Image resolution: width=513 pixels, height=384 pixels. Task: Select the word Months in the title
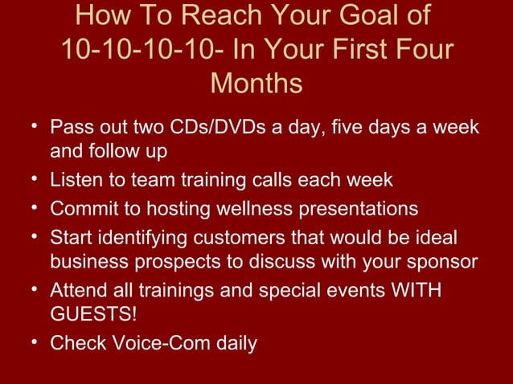[x=256, y=84]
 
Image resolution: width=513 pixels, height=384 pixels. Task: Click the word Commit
[x=82, y=209]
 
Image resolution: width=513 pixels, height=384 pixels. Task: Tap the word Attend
[x=78, y=290]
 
